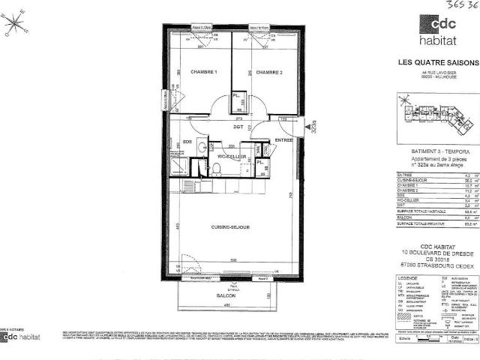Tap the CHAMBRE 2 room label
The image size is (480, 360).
pyautogui.click(x=268, y=72)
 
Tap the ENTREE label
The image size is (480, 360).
pyautogui.click(x=283, y=139)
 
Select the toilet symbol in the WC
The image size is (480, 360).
pyautogui.click(x=214, y=171)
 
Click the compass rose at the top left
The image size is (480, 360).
pyautogui.click(x=14, y=25)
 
